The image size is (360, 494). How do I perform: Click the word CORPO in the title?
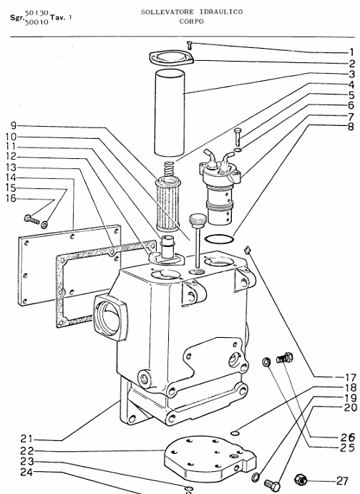click(x=191, y=21)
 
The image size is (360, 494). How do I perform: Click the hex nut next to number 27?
click(x=303, y=479)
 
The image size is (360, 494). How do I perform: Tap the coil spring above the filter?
click(x=168, y=171)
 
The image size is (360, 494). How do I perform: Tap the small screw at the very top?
click(x=189, y=46)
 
